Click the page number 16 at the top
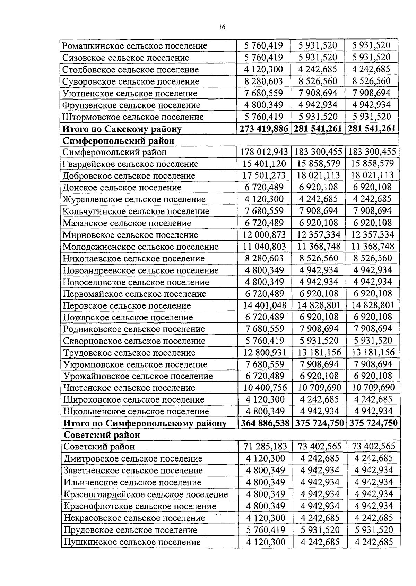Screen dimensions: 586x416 click(222, 27)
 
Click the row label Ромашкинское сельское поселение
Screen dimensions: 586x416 click(135, 46)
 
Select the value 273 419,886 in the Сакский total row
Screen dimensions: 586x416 click(264, 129)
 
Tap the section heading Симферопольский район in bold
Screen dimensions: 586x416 click(118, 140)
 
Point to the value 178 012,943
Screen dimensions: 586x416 click(264, 152)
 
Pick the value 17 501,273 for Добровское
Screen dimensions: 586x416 click(264, 175)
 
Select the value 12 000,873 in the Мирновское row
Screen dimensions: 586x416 click(264, 235)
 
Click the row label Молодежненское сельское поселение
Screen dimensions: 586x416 click(140, 247)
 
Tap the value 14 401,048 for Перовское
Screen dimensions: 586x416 click(265, 305)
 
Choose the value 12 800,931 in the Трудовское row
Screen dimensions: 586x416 click(265, 353)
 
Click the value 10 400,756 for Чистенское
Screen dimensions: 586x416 click(265, 388)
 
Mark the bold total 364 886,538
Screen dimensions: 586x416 click(265, 423)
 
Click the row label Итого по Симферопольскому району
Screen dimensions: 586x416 click(145, 423)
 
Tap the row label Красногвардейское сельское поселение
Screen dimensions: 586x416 click(146, 494)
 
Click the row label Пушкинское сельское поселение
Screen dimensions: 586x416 click(132, 542)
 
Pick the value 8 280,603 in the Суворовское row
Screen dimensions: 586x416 click(263, 81)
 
